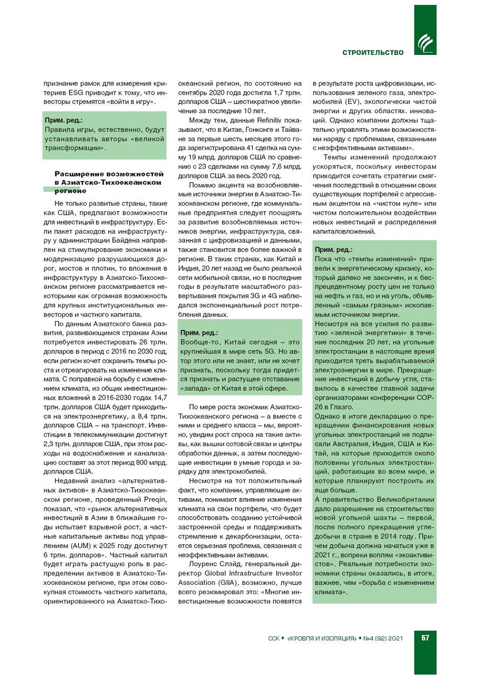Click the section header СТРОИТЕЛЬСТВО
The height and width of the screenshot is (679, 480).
coord(373,52)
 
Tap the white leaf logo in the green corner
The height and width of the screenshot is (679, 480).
coord(425,44)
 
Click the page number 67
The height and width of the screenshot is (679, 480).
coord(425,638)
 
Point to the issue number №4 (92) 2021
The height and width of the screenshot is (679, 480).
coord(383,638)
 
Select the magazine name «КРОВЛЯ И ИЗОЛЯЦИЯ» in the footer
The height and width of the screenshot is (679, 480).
coord(322,638)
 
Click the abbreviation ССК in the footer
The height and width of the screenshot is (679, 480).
coord(274,638)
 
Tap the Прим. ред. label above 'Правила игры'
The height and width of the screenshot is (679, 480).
coord(64,120)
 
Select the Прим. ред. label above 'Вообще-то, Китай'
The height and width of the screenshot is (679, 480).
coord(199,333)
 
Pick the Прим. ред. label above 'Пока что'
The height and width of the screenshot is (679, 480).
coord(334,250)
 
